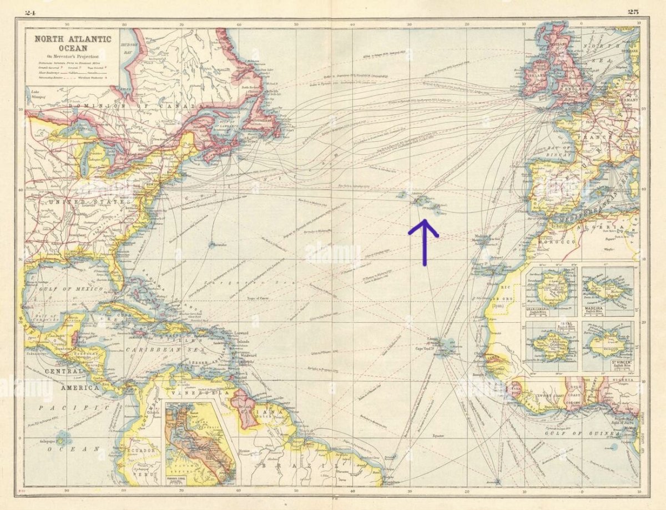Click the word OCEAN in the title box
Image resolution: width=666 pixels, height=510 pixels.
coord(73,48)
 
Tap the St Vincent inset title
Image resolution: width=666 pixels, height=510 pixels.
coord(607,365)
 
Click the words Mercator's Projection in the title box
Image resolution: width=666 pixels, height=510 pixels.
coord(73,57)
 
